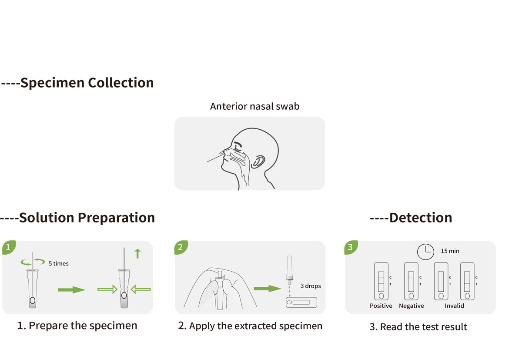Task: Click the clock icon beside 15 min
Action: point(426,251)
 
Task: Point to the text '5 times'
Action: point(58,263)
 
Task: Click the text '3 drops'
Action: point(311,286)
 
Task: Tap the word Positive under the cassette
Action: point(381,306)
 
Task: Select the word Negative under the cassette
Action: point(411,306)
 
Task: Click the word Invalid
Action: point(454,306)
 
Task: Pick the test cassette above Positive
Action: point(381,281)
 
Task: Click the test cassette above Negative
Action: point(411,281)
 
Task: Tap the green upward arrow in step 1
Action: point(137,253)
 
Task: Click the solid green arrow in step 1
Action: point(71,289)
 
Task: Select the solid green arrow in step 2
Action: point(267,288)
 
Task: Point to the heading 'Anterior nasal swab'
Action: point(254,106)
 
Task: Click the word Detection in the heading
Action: point(421,218)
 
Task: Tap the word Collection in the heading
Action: point(120,83)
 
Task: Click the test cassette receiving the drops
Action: point(301,302)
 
